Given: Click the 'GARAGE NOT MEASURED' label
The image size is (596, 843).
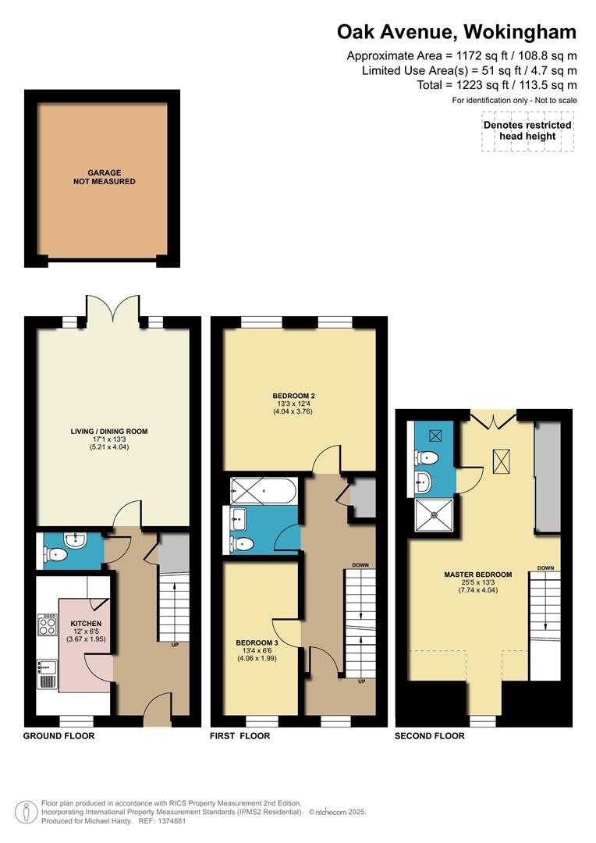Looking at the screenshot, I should click(100, 176).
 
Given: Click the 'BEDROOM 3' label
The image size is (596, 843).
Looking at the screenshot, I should click(257, 643).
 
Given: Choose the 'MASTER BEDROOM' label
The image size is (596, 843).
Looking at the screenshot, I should click(477, 574).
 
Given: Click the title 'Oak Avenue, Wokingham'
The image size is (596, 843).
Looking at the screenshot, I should click(456, 32).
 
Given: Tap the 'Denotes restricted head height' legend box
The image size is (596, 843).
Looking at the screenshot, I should click(527, 130).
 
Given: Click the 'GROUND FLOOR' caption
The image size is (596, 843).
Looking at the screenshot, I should click(59, 736).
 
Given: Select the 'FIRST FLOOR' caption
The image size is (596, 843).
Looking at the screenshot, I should click(240, 736).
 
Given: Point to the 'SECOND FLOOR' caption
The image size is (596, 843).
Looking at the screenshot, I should click(429, 736).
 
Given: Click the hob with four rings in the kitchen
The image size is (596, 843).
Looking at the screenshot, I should click(46, 624).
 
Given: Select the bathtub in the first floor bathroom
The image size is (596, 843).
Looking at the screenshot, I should click(263, 491).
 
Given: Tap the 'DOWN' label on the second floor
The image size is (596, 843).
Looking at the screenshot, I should click(545, 567).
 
